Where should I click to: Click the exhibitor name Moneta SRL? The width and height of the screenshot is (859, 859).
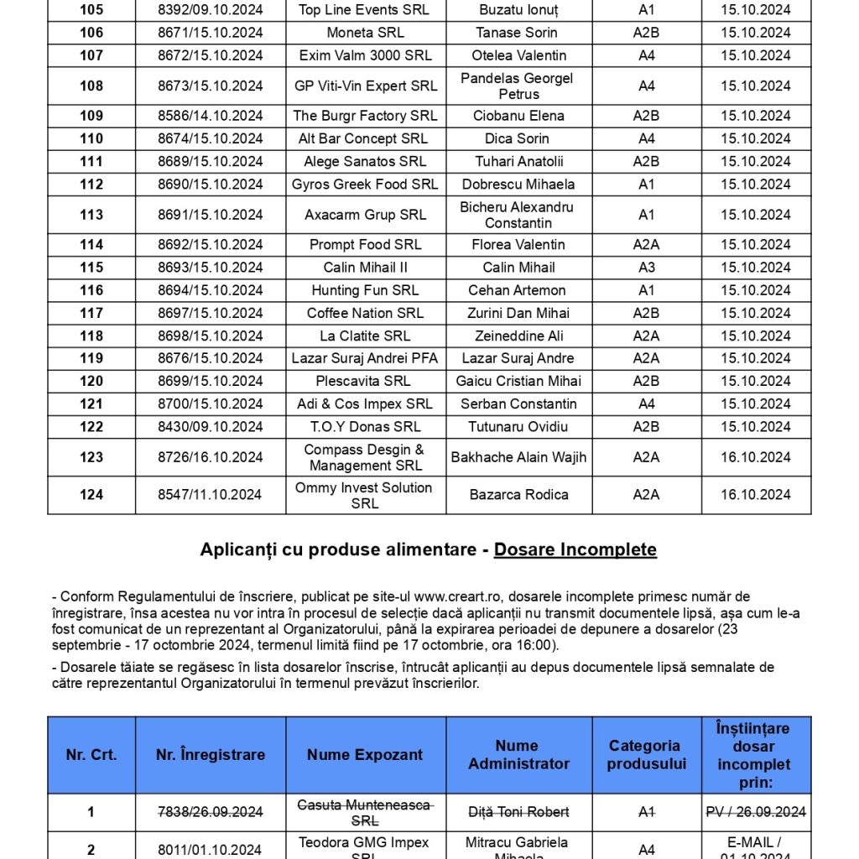pos(365,33)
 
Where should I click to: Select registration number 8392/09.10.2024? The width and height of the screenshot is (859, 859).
pos(211,10)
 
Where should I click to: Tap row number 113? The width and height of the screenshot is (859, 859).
pos(91,215)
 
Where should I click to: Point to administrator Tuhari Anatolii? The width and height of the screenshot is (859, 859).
pos(519,161)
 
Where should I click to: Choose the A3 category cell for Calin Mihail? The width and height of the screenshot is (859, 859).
pos(646,268)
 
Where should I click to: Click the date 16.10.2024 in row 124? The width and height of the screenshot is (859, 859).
pos(755,495)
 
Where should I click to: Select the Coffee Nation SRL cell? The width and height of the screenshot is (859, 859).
pos(365,313)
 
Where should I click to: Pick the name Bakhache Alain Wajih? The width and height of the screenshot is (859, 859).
pos(518,457)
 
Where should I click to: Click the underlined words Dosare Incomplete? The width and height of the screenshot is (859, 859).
pos(575,549)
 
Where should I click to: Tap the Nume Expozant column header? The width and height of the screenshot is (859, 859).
pos(365,754)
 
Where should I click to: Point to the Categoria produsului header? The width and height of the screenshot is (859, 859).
pos(646,754)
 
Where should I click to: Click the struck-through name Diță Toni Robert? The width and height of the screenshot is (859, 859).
pos(518,811)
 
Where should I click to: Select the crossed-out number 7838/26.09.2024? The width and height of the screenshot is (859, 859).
pos(211,811)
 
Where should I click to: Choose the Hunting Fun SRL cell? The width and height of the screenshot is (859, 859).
pos(365,290)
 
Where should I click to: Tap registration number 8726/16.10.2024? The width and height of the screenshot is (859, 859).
pos(211,457)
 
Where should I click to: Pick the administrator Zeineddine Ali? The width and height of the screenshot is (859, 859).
pos(518,336)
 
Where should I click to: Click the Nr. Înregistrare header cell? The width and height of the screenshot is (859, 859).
pos(211,754)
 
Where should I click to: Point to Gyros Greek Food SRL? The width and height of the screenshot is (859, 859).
pos(365,184)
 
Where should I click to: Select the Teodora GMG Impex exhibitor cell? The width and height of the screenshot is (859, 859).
pos(365,846)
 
